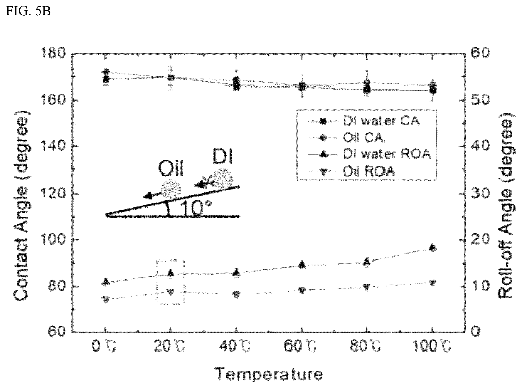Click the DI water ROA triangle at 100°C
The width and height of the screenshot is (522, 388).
(432, 247)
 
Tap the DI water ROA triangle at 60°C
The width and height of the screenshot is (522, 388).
(302, 264)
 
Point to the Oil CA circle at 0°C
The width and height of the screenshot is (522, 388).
(106, 72)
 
